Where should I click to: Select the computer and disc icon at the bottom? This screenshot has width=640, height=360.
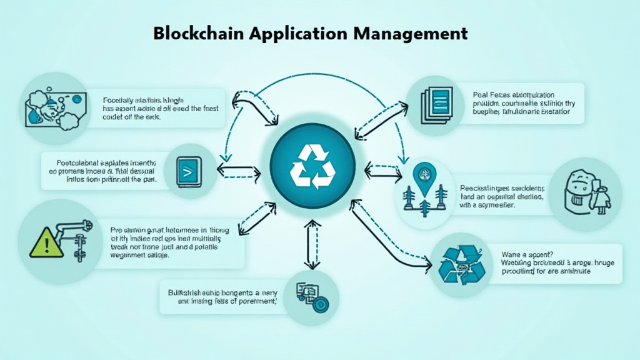(x=311, y=296)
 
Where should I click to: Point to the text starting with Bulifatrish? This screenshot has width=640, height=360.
(x=222, y=296)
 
